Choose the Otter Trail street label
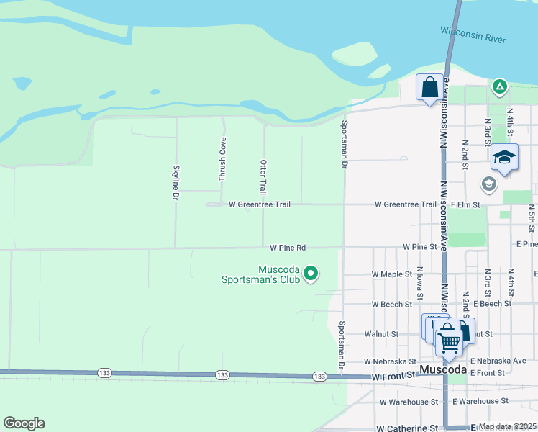point(263,177)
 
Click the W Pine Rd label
point(288,248)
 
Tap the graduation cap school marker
point(504,157)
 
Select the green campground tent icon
point(499,87)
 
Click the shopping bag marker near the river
point(429,87)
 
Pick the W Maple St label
point(391,274)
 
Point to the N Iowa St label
point(419,282)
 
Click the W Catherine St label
point(406,428)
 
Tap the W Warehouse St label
point(409,402)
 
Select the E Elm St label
point(465,204)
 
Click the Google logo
point(24,423)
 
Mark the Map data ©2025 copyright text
point(506,426)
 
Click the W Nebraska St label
point(390,361)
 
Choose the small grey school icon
point(488,184)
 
